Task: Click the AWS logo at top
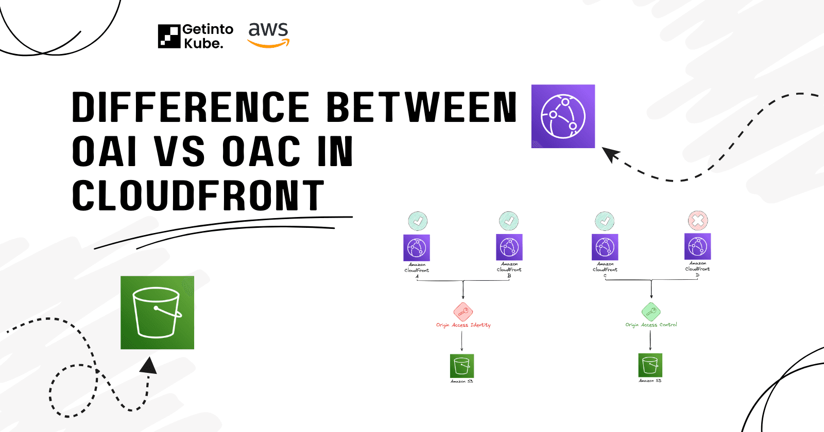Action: coord(268,35)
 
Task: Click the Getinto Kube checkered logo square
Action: coord(169,37)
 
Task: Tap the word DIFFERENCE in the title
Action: coord(191,107)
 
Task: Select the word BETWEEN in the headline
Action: coord(421,107)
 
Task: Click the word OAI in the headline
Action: coord(105,152)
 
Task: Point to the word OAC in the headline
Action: coord(261,152)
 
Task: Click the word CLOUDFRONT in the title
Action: coord(198,195)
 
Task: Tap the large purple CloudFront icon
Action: coord(563,116)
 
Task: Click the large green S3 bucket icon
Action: coord(157,313)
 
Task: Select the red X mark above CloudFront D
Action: coord(698,221)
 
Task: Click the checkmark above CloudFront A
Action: coord(418,221)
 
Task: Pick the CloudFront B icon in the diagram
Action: coord(509,247)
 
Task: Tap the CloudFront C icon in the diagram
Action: coord(605,247)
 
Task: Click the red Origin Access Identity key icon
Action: coord(463,312)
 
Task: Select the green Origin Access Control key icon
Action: coord(651,312)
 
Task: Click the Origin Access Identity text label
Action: coord(463,325)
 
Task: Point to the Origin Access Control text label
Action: coord(651,325)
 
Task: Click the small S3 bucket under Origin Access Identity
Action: coord(462,366)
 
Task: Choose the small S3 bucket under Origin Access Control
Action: coord(650,365)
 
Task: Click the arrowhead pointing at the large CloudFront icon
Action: coord(610,154)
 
